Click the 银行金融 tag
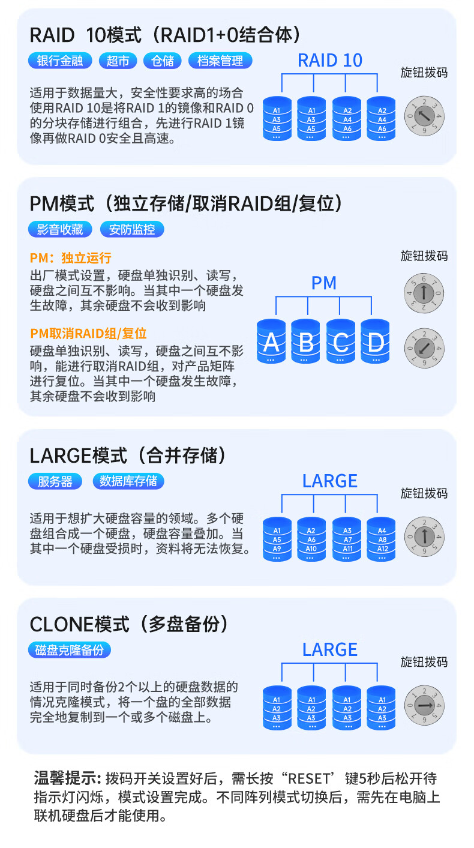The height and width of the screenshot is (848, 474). coord(60,61)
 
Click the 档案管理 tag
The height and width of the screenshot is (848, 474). coord(220,61)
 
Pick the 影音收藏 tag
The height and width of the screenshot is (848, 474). coord(60,229)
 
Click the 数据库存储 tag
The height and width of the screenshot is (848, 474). coord(128,481)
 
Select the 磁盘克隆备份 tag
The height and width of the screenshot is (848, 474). coord(70,650)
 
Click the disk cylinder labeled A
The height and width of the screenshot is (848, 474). coord(272,341)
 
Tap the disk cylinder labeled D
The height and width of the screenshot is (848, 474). coord(376,341)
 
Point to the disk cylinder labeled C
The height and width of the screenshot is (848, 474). coord(341,341)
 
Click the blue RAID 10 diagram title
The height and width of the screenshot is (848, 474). coord(330,60)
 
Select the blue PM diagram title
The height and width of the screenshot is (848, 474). coord(324,283)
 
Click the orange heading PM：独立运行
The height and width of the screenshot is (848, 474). coord(71,258)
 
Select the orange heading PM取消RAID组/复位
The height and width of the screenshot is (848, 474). coord(88,334)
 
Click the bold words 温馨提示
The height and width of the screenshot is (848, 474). coord(66,779)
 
